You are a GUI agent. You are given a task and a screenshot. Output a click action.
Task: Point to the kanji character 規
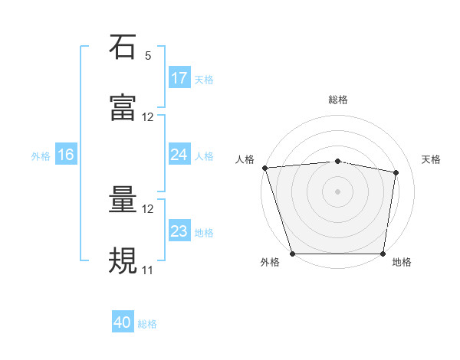tap(123, 260)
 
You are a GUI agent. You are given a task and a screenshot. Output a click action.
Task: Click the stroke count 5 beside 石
tap(148, 56)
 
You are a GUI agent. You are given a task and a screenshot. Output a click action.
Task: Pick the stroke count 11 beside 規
tap(148, 270)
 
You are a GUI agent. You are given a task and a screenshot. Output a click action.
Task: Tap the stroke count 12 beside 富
tap(148, 117)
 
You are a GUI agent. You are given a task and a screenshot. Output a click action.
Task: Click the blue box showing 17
tap(179, 78)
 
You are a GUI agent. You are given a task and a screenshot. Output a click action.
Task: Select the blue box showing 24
tap(179, 155)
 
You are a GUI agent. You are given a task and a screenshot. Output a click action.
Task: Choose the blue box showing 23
tap(179, 231)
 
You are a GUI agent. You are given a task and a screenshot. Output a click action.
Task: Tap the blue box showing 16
tap(66, 155)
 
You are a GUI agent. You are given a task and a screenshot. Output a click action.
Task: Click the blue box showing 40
tap(123, 323)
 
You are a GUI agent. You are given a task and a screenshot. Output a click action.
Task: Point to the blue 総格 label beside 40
tap(148, 324)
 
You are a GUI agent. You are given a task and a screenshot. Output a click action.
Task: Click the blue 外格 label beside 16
tap(41, 155)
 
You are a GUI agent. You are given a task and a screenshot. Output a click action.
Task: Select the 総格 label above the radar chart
tap(338, 100)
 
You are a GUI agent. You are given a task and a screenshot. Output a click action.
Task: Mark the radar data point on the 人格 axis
tap(264, 168)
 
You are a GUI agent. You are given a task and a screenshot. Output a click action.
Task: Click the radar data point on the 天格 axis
tap(396, 172)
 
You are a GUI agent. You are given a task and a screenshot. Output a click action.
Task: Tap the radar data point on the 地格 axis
tap(383, 254)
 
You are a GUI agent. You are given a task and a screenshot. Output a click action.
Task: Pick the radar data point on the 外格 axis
tap(293, 254)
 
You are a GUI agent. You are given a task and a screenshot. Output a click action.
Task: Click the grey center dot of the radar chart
tap(338, 191)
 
